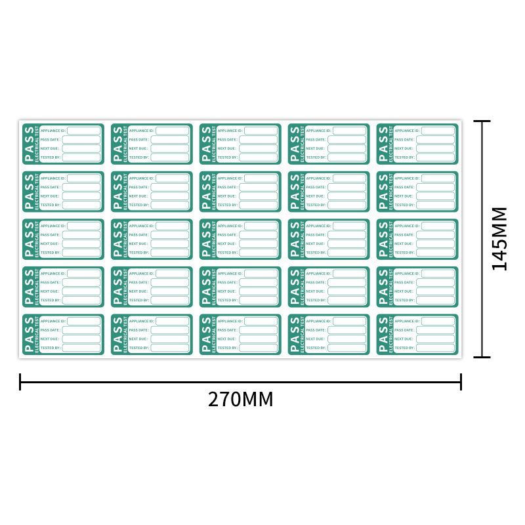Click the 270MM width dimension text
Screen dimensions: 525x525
click(240, 399)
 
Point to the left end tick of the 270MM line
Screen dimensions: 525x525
click(20, 381)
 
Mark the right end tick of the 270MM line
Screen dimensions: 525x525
click(461, 381)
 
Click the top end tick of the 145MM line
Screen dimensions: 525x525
click(482, 121)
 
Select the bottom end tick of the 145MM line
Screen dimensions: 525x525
click(482, 357)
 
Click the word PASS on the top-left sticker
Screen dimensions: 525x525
click(29, 144)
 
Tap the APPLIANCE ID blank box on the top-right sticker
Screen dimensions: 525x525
click(438, 131)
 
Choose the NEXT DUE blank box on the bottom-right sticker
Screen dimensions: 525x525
click(435, 339)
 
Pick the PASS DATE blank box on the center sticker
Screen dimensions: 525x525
click(258, 235)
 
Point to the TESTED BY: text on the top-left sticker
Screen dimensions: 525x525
click(51, 157)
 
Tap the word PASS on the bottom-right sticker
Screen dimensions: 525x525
click(383, 334)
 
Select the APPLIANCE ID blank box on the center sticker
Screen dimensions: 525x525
click(261, 226)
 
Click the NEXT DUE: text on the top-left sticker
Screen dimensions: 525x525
click(50, 148)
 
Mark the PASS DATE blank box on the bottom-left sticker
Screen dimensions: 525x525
click(81, 330)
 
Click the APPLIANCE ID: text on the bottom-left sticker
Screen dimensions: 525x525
click(53, 321)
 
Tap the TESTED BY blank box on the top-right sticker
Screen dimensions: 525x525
click(435, 157)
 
